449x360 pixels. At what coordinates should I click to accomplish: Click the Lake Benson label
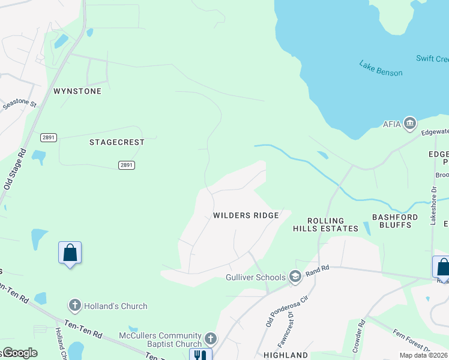click(381, 68)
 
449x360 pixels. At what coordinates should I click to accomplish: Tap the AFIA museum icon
click(410, 124)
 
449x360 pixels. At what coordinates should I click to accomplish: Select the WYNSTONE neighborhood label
click(77, 91)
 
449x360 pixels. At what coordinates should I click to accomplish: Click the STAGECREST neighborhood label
click(117, 142)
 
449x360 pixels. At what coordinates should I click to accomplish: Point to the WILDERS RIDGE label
click(246, 215)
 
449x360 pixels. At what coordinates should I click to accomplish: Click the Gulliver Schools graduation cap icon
click(295, 277)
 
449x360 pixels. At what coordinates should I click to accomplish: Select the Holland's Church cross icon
click(74, 306)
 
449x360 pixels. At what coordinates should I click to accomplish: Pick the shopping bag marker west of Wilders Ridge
click(70, 253)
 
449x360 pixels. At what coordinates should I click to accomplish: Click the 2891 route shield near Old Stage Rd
click(49, 137)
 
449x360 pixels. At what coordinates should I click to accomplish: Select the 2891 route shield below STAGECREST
click(126, 165)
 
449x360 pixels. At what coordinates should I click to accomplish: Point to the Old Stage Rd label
click(16, 170)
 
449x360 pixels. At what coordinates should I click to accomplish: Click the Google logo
click(19, 353)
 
